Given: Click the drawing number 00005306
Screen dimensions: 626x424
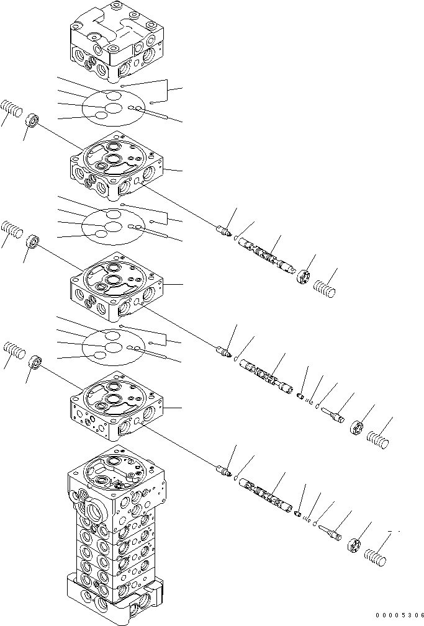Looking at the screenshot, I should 399,615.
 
